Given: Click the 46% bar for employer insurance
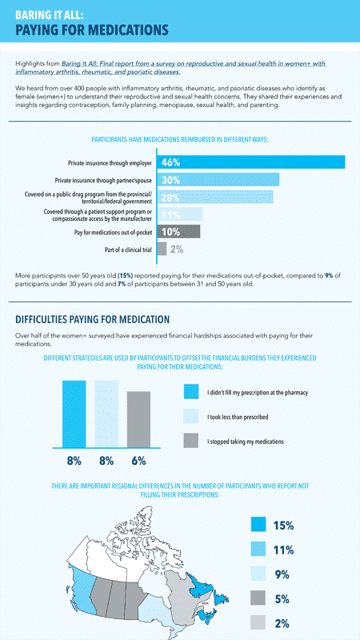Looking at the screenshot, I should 251,162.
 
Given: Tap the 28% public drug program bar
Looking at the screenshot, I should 215,198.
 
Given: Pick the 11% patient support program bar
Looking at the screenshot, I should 180,214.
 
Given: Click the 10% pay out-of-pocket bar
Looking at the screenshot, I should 178,232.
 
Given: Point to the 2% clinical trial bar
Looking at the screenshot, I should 162,250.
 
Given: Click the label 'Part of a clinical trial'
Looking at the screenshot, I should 121,250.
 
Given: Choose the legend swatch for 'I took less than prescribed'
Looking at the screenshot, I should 190,417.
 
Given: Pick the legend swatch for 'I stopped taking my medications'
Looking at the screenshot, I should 190,441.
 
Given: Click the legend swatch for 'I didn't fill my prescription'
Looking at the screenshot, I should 190,392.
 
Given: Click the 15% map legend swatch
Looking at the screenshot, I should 258,525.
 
